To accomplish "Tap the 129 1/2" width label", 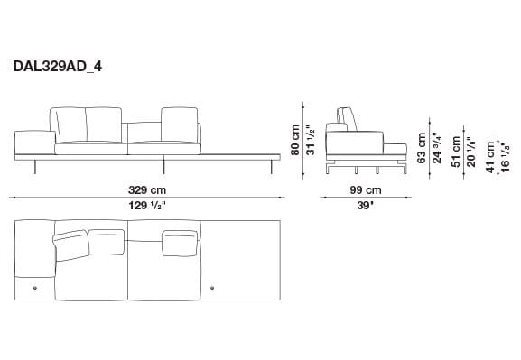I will point(147,205).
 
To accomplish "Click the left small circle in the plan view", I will point(36,288).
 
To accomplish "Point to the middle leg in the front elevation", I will point(163,167).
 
